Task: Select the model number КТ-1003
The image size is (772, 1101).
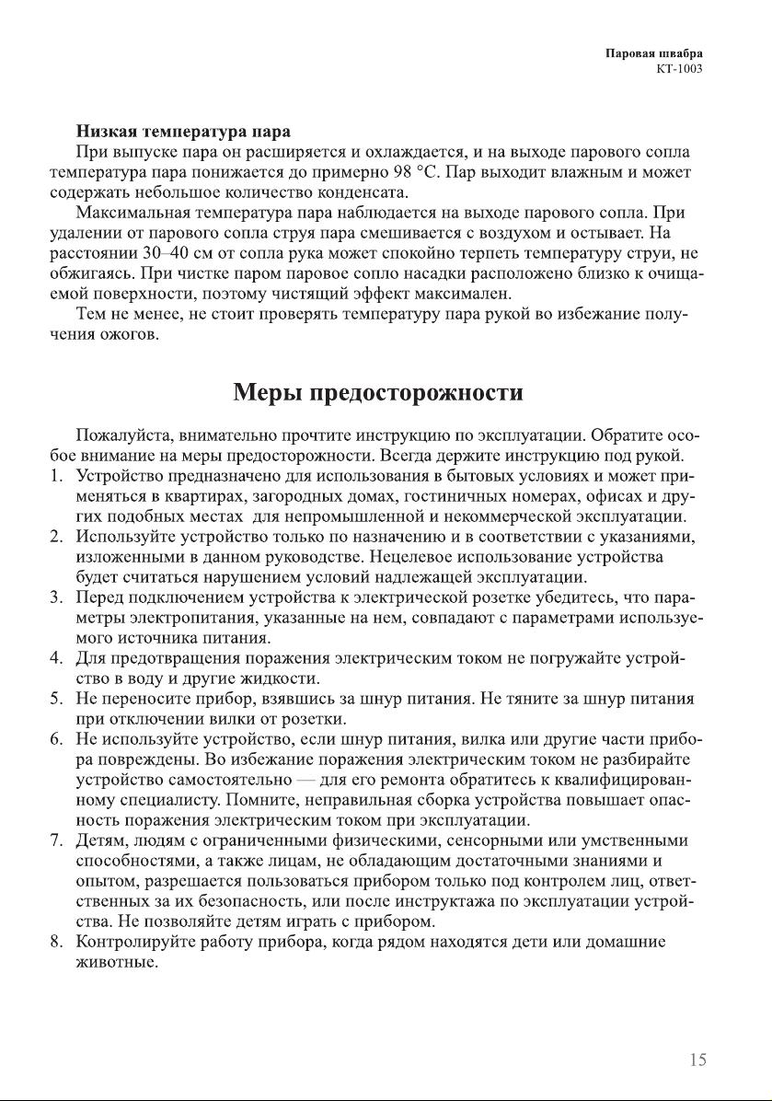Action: [679, 69]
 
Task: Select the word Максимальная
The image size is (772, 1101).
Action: [136, 213]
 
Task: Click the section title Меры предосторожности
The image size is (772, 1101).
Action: [377, 393]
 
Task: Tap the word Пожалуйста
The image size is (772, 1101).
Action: [123, 435]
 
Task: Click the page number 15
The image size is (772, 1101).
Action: [697, 1060]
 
